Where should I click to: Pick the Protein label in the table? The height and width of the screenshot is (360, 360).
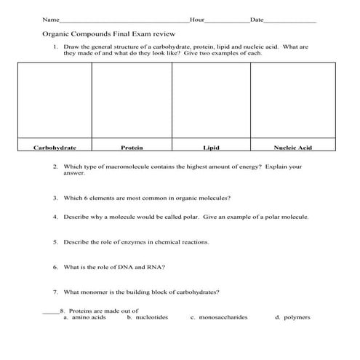tap(132, 148)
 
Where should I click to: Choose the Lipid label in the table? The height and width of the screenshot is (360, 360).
tap(211, 148)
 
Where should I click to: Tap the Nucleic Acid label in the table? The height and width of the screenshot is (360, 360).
tap(292, 148)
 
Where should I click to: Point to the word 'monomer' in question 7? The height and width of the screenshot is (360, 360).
tap(92, 292)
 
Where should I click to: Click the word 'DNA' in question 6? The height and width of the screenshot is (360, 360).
tap(132, 267)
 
